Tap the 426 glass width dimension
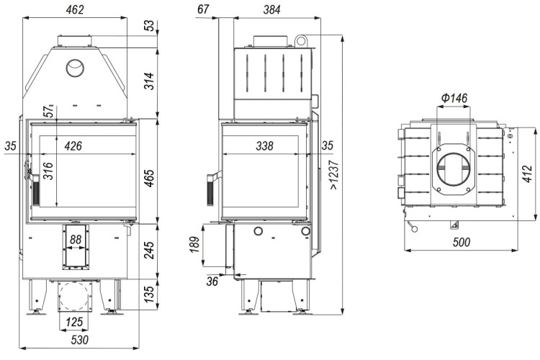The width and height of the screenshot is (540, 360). (73, 145)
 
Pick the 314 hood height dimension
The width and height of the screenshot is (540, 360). (147, 81)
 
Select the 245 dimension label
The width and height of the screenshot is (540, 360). (147, 250)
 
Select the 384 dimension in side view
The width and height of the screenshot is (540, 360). (270, 9)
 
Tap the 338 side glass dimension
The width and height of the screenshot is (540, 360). (264, 145)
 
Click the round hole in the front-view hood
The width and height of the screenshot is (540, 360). (74, 68)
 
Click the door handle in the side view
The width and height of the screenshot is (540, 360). (212, 185)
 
